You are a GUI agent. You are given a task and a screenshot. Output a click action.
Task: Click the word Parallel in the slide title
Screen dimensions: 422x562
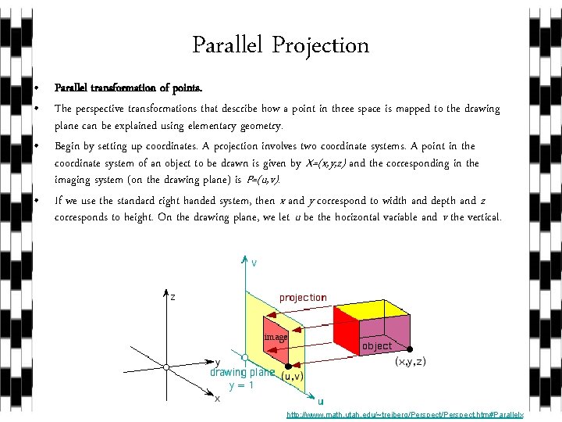[x=229, y=46]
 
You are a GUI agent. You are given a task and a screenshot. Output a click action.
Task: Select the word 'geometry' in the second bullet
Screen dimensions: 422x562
[x=261, y=126]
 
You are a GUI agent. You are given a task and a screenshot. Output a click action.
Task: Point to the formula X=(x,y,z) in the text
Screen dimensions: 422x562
[x=326, y=163]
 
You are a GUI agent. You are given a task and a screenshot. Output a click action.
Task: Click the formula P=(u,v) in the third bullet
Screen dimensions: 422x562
[x=257, y=181]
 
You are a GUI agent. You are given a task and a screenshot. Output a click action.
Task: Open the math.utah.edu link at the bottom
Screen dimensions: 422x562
[x=404, y=415]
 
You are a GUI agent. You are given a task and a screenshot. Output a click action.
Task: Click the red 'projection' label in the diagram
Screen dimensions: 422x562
[x=303, y=298]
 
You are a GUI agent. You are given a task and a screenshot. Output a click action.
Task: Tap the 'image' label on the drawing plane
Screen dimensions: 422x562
[x=276, y=337]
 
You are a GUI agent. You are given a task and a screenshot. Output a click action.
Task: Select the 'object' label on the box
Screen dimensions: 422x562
[x=377, y=346]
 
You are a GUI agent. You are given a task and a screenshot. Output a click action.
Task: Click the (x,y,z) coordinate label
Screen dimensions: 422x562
[x=411, y=362]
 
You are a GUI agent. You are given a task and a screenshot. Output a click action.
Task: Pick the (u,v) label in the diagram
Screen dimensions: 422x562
[x=293, y=375]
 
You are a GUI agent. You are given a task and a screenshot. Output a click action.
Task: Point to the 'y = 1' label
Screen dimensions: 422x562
[x=240, y=385]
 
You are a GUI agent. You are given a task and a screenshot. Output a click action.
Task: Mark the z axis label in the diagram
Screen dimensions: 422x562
[x=173, y=298]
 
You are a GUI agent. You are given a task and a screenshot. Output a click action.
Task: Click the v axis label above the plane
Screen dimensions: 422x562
[x=254, y=263]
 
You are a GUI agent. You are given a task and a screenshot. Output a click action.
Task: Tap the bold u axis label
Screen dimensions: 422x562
[x=321, y=402]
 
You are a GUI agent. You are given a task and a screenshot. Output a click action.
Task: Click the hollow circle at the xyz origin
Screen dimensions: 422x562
[x=166, y=366]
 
